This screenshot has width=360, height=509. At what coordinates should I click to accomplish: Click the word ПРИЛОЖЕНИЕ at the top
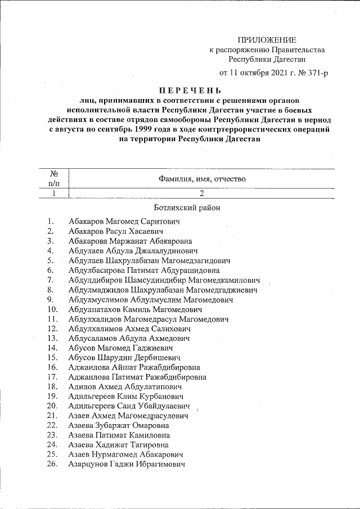[267, 39]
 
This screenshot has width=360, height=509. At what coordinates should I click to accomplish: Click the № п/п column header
[55, 178]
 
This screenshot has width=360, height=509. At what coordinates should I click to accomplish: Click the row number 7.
[51, 280]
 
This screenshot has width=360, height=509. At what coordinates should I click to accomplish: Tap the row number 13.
[53, 338]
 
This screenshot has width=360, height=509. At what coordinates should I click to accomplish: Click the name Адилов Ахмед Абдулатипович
[125, 387]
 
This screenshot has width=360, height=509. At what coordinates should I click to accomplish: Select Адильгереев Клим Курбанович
[127, 397]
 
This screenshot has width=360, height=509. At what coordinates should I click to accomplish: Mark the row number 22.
[53, 425]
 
